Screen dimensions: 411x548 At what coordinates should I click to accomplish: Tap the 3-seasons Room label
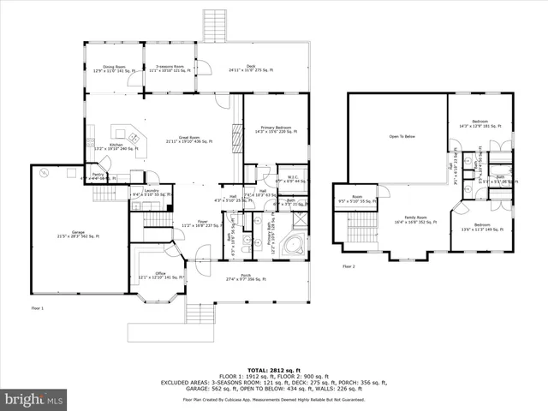point(169,68)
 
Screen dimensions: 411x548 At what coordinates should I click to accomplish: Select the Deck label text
point(251,68)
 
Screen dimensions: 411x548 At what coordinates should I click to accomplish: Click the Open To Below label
point(402,136)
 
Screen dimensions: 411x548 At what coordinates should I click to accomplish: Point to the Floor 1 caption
point(37,307)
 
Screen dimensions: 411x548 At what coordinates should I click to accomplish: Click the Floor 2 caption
point(348,266)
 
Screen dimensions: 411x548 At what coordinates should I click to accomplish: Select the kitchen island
point(131,138)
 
